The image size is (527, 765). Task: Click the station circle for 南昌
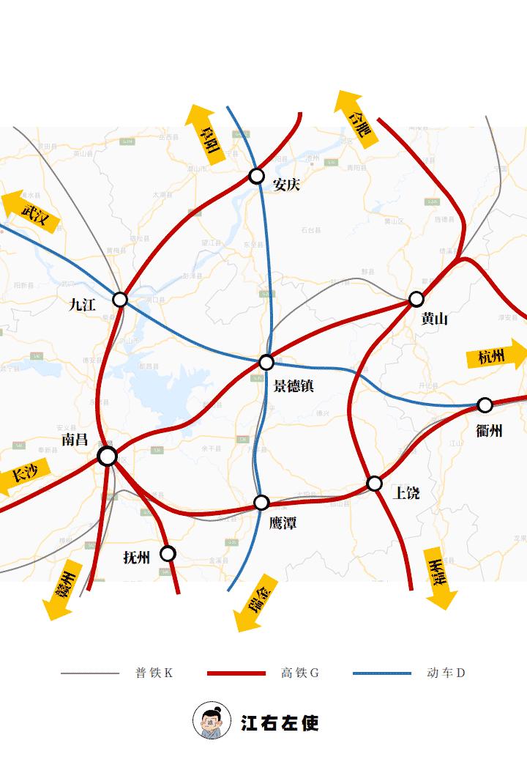point(107,457)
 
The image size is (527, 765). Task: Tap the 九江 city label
point(82,306)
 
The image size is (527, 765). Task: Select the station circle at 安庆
point(256,176)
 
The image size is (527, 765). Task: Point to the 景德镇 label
point(294,385)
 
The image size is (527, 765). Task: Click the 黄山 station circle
point(416,299)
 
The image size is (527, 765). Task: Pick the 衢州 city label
point(489,431)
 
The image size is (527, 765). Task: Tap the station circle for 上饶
point(375,484)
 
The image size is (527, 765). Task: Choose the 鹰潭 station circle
point(261,503)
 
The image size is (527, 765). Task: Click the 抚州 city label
point(137,558)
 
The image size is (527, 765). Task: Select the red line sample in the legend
point(236,673)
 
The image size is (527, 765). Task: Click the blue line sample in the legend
point(381,673)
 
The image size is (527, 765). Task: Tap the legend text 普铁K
point(154,673)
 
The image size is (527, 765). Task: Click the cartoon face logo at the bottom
point(210,721)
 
